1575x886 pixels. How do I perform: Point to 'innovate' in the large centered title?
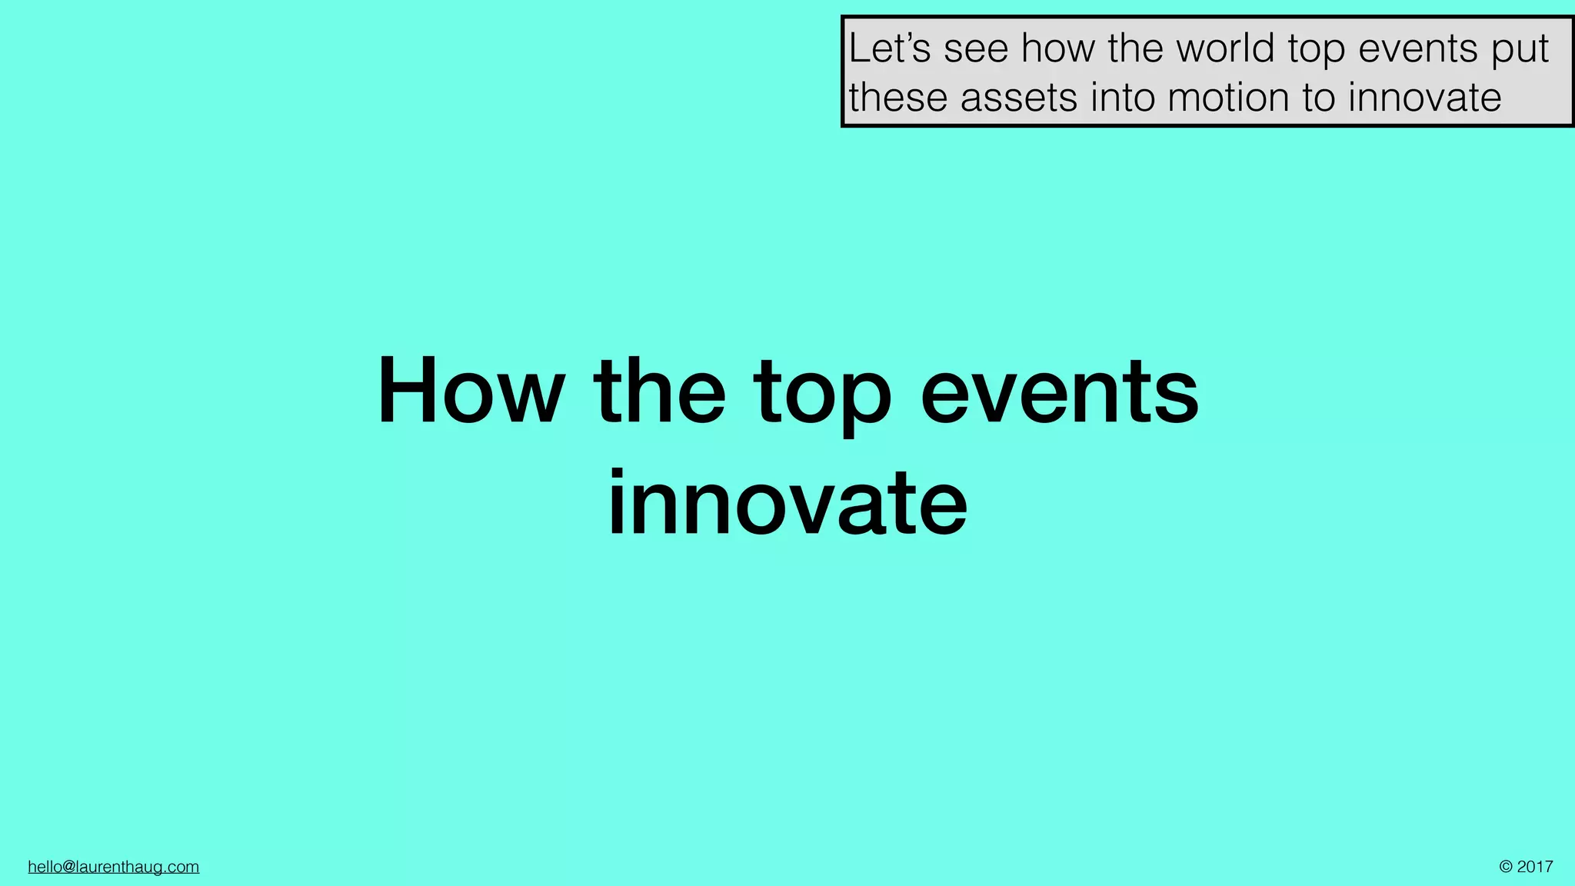(787, 504)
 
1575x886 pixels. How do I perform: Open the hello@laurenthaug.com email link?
(114, 867)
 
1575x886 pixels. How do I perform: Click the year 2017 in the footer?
(1535, 867)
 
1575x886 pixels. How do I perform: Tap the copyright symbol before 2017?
(1506, 867)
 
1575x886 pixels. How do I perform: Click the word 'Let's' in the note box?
(890, 48)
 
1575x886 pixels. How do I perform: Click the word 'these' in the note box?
(898, 98)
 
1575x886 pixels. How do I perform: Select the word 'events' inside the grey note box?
(1418, 49)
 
